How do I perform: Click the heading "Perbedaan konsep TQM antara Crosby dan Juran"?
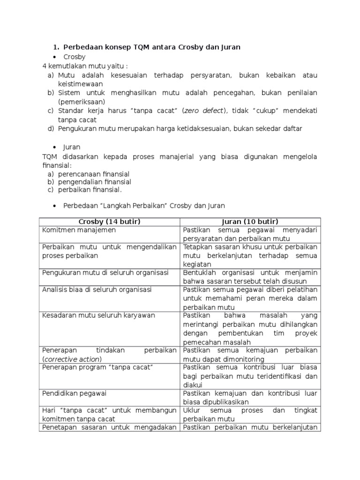coord(152,47)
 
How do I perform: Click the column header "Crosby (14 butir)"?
coord(110,221)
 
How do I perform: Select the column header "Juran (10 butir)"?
coord(250,221)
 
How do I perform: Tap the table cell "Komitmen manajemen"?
coord(79,230)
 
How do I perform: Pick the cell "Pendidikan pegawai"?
coord(75,393)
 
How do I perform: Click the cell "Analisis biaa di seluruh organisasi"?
coord(97,290)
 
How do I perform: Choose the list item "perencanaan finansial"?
coord(94,174)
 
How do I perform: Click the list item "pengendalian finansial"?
coord(95,182)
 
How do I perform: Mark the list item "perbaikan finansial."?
coord(90,190)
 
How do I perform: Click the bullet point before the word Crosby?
coord(56,57)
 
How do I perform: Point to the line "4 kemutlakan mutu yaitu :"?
coord(85,66)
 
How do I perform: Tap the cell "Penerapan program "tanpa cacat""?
coord(97,367)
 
